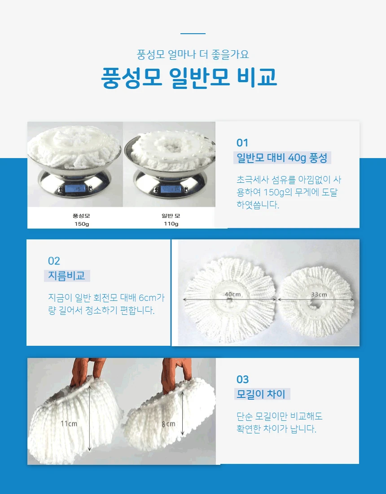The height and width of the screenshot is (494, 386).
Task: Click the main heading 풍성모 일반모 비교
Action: click(189, 77)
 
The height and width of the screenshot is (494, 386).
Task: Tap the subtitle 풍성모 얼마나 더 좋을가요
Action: click(193, 54)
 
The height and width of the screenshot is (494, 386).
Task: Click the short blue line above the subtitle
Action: click(193, 33)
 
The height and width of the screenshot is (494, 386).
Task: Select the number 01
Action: click(242, 143)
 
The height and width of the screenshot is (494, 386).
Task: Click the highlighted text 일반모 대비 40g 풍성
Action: click(282, 158)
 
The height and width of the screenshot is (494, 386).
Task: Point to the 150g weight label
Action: click(82, 224)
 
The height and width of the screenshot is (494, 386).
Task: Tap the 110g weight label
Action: click(171, 224)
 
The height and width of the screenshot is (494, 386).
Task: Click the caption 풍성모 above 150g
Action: click(82, 216)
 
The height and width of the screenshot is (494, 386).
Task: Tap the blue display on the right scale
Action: click(170, 189)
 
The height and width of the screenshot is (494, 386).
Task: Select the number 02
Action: click(54, 261)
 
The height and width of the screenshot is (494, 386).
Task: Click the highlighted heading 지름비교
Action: click(66, 276)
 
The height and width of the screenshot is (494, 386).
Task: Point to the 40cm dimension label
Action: click(232, 294)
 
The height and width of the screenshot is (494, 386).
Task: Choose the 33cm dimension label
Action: click(319, 295)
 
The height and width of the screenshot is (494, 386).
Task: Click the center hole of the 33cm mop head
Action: click(315, 304)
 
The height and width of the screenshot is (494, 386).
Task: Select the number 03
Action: click(243, 379)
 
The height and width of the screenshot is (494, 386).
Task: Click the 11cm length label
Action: click(69, 423)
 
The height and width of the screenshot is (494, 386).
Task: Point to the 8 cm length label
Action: click(168, 424)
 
